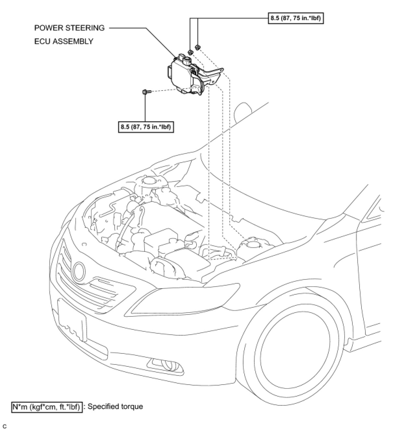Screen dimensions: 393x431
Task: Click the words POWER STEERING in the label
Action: pyautogui.click(x=69, y=28)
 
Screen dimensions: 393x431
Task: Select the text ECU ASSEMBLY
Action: pyautogui.click(x=64, y=41)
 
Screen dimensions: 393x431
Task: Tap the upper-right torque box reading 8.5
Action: pyautogui.click(x=296, y=18)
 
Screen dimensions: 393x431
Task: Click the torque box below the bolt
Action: pyautogui.click(x=146, y=127)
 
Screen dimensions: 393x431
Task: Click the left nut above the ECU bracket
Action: pyautogui.click(x=190, y=52)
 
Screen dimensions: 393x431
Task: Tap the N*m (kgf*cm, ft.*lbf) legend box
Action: pyautogui.click(x=47, y=407)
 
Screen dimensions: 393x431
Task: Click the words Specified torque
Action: pyautogui.click(x=115, y=407)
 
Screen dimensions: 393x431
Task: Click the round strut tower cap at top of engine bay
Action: pyautogui.click(x=148, y=180)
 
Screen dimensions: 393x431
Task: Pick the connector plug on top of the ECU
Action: pyautogui.click(x=185, y=59)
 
